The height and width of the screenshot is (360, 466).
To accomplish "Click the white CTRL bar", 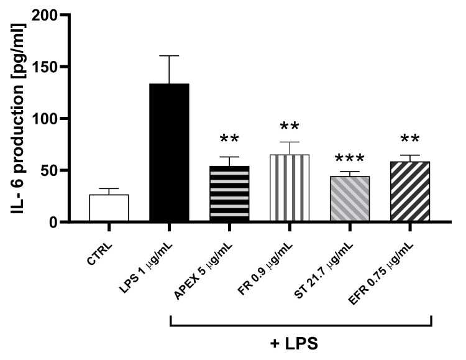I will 109,208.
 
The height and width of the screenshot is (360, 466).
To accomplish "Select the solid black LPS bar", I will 169,153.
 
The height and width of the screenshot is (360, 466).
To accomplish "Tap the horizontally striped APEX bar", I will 229,194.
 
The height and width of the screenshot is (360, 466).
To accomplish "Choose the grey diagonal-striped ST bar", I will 349,199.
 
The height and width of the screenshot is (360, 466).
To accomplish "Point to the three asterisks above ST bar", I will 349,160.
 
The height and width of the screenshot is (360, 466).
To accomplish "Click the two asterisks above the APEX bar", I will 229,139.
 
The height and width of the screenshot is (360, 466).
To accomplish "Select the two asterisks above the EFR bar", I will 409,139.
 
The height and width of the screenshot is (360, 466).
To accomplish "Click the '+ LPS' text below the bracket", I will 301,344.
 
